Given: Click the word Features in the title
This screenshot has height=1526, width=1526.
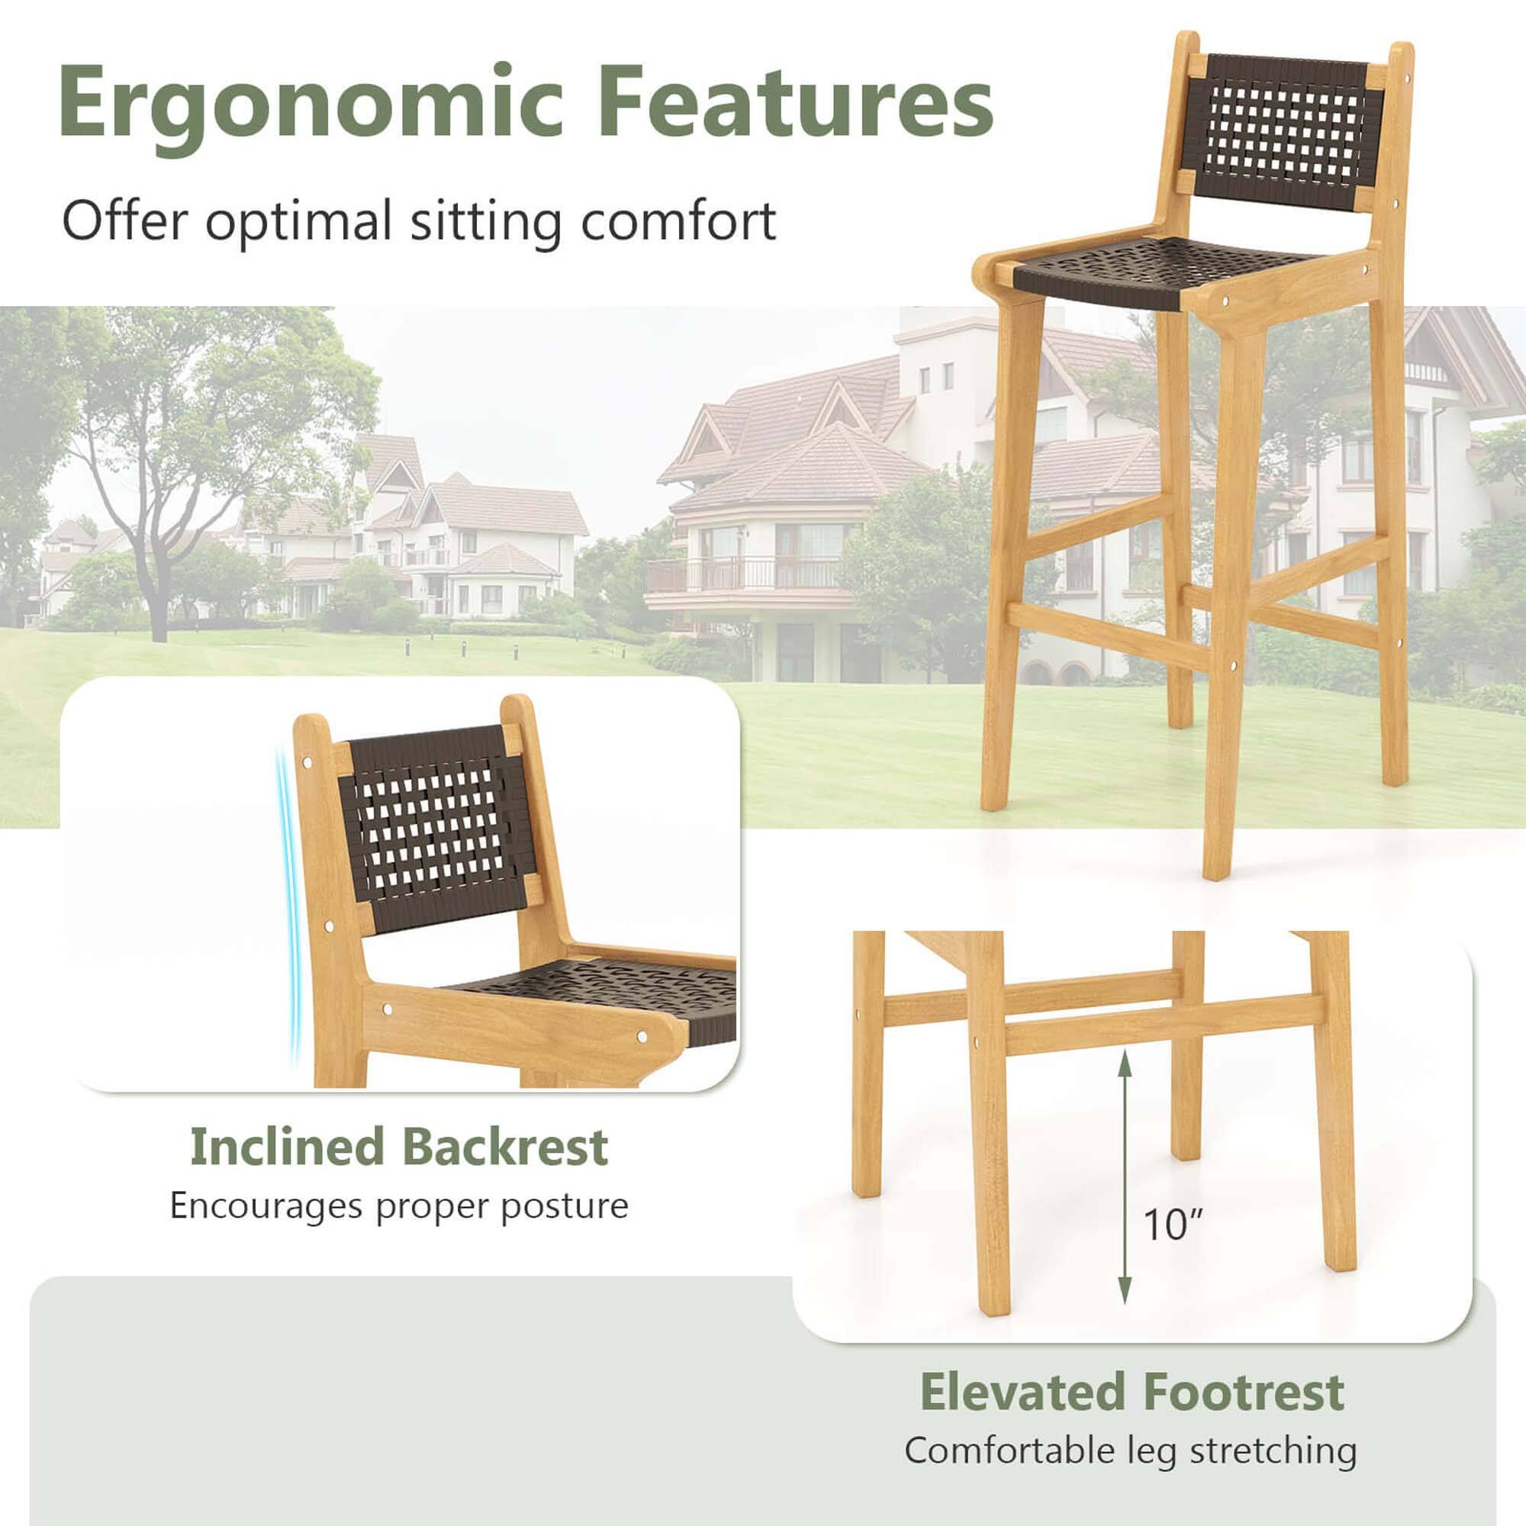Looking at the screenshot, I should point(794,103).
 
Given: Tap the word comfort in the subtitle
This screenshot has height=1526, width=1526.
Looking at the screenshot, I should point(678,221).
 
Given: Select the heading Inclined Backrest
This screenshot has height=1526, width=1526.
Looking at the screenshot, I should point(399,1147).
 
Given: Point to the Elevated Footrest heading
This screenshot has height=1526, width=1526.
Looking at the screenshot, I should point(1132,1392).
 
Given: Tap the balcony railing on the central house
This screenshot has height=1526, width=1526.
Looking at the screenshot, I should point(742,573).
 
